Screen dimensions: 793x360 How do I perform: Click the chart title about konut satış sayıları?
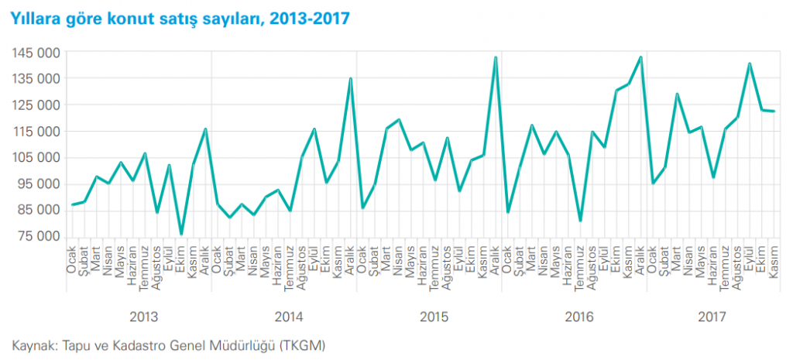[x=177, y=19]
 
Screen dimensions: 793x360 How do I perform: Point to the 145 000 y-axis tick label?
[x=32, y=53]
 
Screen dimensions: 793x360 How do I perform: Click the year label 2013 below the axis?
[x=143, y=317]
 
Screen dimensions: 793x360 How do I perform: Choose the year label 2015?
[x=434, y=317]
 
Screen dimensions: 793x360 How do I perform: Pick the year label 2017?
[x=712, y=317]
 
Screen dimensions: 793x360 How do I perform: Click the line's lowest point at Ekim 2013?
[x=181, y=234]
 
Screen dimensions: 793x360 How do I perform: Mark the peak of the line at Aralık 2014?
[x=351, y=78]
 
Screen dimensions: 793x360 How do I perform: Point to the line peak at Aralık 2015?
[x=496, y=57]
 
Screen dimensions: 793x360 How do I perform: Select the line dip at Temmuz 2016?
[x=580, y=221]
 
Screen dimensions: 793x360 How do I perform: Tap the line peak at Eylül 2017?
[x=750, y=63]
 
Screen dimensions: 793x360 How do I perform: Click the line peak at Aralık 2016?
[x=640, y=57]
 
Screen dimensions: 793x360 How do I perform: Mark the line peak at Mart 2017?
[x=677, y=94]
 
